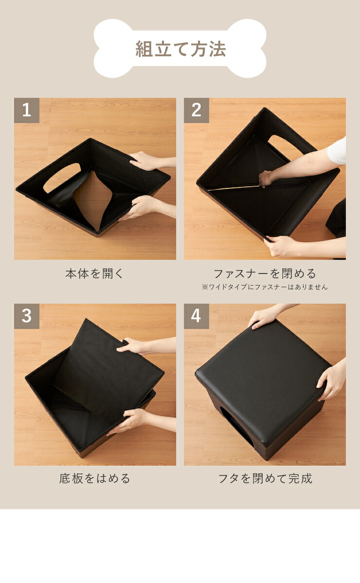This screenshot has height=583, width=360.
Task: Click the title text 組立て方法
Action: coord(180,49)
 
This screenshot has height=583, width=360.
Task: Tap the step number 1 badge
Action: coord(27,110)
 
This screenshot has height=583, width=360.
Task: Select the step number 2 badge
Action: coord(197,110)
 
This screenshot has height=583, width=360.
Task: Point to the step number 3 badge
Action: coord(27,316)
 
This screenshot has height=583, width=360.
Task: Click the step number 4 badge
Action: coord(197,316)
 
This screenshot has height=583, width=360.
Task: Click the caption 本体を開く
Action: coord(94,273)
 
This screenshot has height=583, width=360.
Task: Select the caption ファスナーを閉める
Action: coord(265,273)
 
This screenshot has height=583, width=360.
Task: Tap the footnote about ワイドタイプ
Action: coord(265,287)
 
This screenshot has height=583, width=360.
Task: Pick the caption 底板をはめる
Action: coord(94,478)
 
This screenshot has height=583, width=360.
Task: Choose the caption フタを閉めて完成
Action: coord(265,478)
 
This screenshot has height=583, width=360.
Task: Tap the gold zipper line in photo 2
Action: coord(234,187)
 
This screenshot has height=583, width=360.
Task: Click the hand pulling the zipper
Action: coord(267,179)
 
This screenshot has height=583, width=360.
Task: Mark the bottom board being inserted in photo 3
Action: coord(108,372)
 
